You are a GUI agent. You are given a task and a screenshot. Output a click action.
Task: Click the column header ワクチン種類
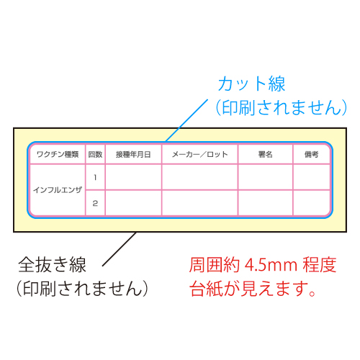point(58,154)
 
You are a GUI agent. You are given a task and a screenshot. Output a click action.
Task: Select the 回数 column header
point(95,154)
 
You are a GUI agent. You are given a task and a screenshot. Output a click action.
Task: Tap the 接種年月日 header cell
point(133,154)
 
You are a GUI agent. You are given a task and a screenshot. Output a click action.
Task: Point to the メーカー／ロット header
point(200,154)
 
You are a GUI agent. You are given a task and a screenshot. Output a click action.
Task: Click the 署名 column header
point(266,154)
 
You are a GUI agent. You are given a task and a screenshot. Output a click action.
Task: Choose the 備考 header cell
point(312,154)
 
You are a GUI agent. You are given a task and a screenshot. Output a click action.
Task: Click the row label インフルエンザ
point(58,190)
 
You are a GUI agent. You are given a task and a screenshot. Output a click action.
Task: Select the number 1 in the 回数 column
point(95,177)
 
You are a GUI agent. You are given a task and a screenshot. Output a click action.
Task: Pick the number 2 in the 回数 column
point(95,203)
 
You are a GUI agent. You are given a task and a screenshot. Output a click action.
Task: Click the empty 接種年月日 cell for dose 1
point(133,177)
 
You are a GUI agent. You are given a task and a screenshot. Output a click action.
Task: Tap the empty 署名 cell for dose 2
point(266,203)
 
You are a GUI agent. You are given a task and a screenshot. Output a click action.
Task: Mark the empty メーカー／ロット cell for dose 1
point(200,177)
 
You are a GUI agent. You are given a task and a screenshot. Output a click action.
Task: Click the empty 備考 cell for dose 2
point(312,203)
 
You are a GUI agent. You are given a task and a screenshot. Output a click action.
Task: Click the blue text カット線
point(251,84)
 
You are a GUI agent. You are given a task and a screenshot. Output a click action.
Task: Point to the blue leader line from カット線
point(186,120)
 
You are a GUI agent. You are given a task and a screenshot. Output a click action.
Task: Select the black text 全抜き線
point(52,265)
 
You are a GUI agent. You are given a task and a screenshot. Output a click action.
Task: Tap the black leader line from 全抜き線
point(120,249)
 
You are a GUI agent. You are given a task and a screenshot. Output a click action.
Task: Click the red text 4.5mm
point(271,266)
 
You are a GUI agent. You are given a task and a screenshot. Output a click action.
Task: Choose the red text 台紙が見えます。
point(253,289)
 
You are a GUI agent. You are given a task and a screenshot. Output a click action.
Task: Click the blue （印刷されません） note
point(282,107)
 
